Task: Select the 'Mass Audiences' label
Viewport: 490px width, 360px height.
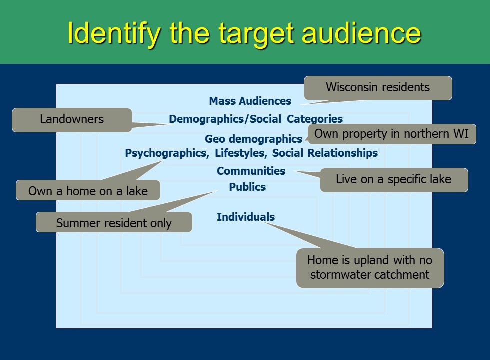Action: (250, 101)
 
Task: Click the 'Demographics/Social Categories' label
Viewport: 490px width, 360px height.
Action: (256, 119)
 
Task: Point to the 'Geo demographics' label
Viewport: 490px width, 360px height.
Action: (253, 139)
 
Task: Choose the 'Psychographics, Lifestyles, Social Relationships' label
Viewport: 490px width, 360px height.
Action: (251, 153)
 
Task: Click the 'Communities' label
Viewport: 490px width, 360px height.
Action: (251, 171)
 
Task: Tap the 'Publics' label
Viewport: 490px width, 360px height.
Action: (247, 187)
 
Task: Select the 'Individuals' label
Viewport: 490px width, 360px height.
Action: (246, 217)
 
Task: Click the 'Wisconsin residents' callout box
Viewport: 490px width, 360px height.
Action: (378, 88)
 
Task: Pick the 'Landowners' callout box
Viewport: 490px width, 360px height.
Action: (72, 120)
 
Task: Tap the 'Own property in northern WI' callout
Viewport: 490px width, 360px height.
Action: (392, 134)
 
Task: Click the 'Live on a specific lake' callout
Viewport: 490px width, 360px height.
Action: (394, 180)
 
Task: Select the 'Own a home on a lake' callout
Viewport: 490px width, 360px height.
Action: (88, 190)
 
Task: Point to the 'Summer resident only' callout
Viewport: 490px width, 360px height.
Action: (114, 222)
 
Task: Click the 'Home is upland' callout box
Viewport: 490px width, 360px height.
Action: (370, 267)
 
